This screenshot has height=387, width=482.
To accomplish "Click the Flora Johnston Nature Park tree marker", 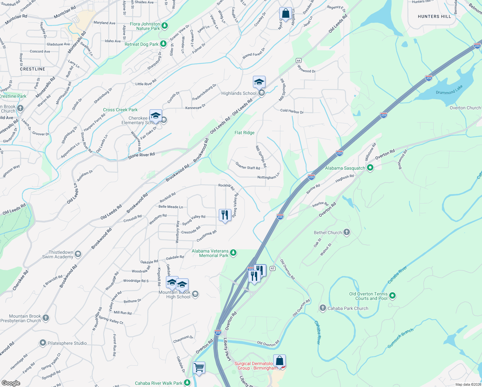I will click(x=165, y=25).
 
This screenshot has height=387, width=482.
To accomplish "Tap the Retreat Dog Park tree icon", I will click(x=164, y=44).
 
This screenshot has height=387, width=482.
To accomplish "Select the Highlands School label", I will click(x=239, y=94).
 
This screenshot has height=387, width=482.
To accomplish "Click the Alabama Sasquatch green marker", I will click(x=370, y=167).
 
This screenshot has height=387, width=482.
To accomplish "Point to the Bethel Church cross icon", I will click(x=347, y=232).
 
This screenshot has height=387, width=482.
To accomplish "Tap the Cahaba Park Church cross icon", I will click(x=323, y=308).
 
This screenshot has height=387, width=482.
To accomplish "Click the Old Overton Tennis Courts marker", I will click(x=392, y=295).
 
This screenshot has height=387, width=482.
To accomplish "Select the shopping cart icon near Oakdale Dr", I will click(x=199, y=368).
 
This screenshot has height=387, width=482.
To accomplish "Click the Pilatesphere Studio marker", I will click(x=43, y=343).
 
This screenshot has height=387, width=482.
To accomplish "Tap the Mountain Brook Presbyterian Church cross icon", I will click(x=46, y=318).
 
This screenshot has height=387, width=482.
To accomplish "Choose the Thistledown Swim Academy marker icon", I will click(x=78, y=254).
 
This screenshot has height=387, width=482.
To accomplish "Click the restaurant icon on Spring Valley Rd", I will click(x=225, y=215).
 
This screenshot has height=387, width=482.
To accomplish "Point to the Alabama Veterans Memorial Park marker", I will click(x=233, y=253).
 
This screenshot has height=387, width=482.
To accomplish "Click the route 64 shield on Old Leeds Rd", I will click(x=299, y=61).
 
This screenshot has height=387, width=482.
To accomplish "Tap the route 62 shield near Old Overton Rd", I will click(x=273, y=268).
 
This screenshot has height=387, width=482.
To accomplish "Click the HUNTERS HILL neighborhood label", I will click(x=434, y=16).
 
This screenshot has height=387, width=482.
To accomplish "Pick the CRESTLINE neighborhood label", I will click(x=33, y=69).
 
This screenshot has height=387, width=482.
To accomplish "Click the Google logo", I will click(x=11, y=383).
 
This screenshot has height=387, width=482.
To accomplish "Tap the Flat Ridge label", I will click(x=245, y=133).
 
